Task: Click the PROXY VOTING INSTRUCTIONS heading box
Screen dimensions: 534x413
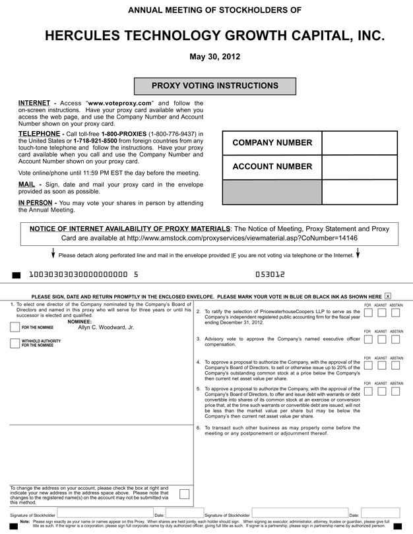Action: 215,86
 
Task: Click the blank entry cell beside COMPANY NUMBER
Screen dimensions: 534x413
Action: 359,143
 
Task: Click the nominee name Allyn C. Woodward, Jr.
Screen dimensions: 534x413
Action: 106,327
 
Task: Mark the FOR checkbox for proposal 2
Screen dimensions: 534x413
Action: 368,314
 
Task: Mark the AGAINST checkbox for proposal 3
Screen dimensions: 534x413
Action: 382,339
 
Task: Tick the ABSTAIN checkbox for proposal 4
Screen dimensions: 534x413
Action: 397,366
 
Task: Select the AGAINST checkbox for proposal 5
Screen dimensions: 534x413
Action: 382,391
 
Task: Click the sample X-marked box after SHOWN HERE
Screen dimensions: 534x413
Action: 388,297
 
